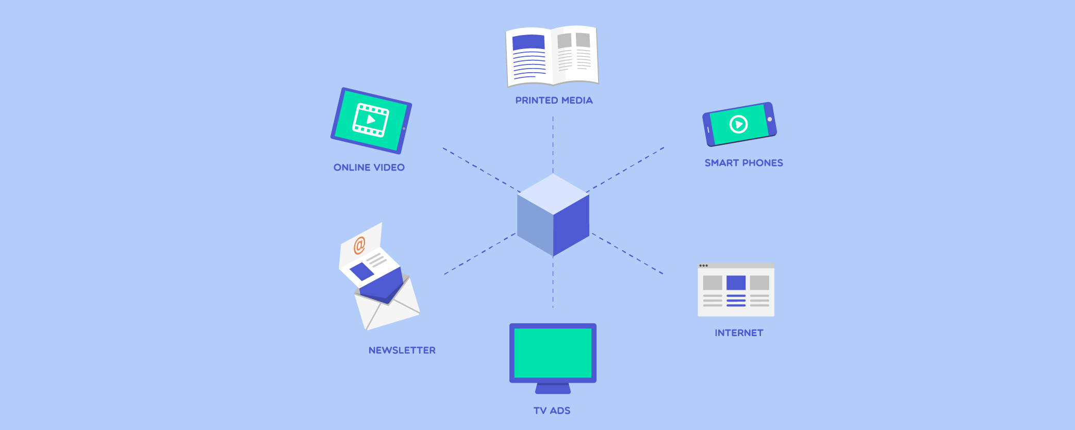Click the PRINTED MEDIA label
click(x=554, y=101)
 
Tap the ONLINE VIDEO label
click(x=369, y=168)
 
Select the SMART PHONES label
click(x=743, y=163)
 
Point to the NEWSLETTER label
click(x=402, y=351)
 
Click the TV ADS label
click(x=552, y=411)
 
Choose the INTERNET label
click(x=739, y=333)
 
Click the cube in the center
click(x=553, y=215)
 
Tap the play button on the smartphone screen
click(x=738, y=124)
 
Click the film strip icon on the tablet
click(x=370, y=120)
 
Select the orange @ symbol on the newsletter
click(x=359, y=245)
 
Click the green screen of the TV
click(x=553, y=353)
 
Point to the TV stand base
click(x=553, y=389)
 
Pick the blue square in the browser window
click(x=736, y=283)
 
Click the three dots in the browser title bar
click(x=703, y=266)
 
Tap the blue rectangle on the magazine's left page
click(x=528, y=42)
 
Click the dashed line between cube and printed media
click(x=553, y=144)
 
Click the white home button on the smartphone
click(x=769, y=120)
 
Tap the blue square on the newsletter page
click(x=362, y=271)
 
